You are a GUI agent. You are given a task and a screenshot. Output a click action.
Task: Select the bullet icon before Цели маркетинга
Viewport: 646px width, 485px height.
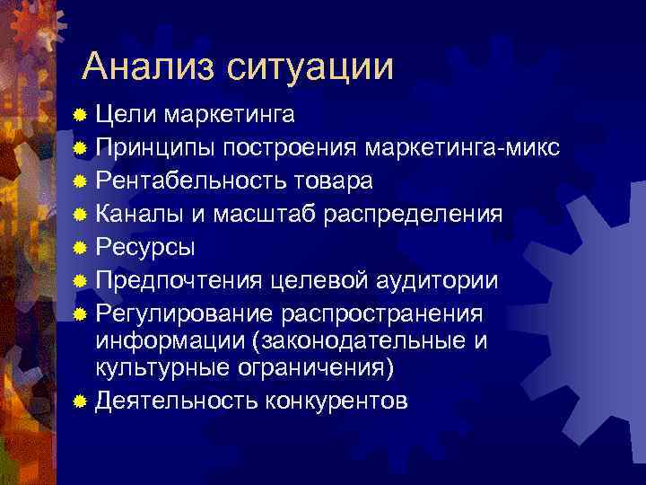[x=82, y=115]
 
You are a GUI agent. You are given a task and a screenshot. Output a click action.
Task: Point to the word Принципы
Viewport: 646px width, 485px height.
[x=156, y=147]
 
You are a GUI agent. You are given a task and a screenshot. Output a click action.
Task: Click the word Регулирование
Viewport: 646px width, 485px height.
[x=184, y=313]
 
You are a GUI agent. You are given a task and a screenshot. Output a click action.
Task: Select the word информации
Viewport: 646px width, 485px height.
[x=173, y=341]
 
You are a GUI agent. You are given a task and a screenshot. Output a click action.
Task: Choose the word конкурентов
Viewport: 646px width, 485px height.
[x=336, y=400]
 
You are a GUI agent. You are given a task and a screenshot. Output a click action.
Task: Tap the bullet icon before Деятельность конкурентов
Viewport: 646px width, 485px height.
[x=82, y=400]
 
